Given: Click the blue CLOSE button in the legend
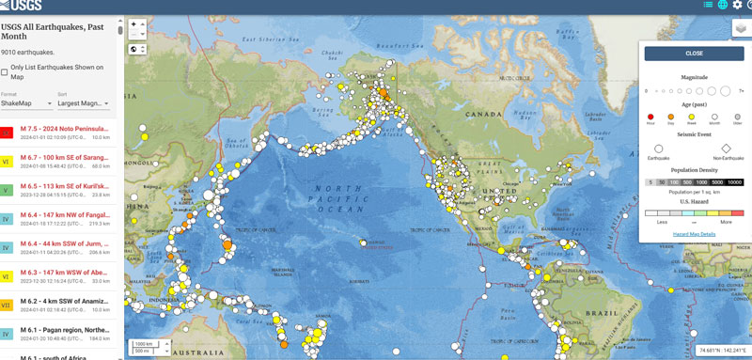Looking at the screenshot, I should [x=694, y=54].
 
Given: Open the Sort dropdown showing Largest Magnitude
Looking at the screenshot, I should [x=83, y=103].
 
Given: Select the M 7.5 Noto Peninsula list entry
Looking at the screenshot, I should [x=66, y=133].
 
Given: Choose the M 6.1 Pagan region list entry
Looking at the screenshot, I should [x=66, y=331].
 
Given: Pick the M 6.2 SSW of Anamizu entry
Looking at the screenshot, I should [x=66, y=303].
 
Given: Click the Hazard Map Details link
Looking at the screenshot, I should [x=694, y=233].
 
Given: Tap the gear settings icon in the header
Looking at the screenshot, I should [x=737, y=5].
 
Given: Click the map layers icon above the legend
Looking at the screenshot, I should [x=741, y=28].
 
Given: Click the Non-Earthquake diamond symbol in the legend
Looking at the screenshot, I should [x=726, y=149].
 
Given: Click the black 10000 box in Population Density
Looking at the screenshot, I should [x=734, y=182].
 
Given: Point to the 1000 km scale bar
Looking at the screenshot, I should [x=144, y=343].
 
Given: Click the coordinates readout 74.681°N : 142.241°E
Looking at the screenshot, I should [x=721, y=351].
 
